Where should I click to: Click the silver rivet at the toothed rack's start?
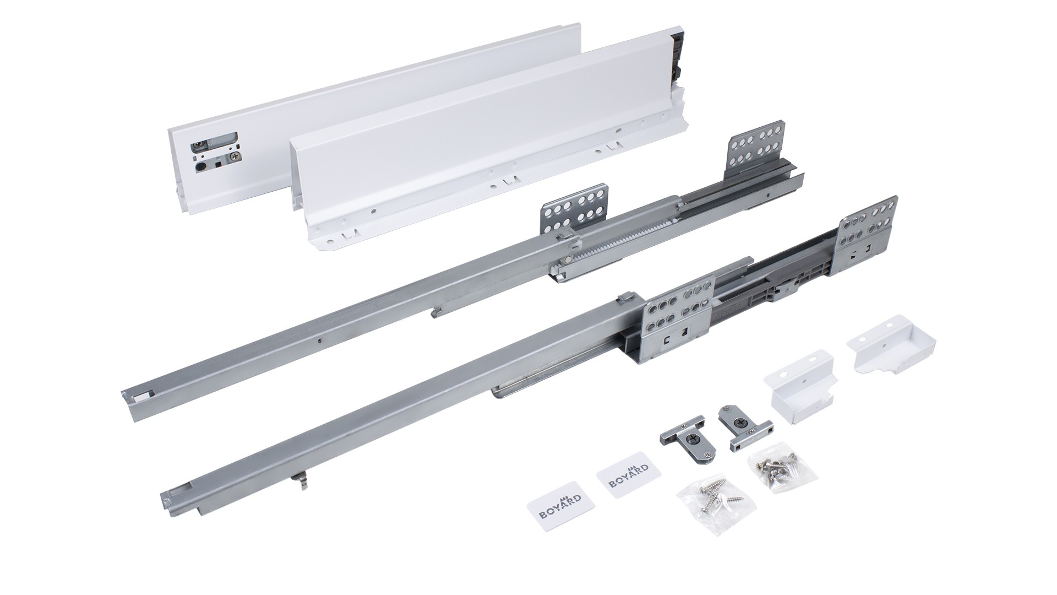click(x=566, y=261)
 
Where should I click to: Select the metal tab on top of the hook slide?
click(x=627, y=298)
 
